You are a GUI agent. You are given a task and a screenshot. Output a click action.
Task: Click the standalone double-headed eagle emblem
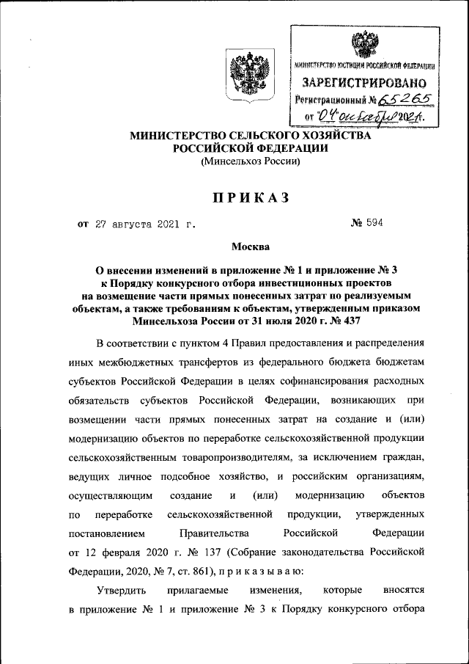click(246, 74)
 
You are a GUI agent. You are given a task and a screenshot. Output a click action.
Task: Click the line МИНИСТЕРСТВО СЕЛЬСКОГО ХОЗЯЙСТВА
click(251, 135)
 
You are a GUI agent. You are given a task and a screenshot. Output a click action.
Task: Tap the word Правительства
click(215, 530)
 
